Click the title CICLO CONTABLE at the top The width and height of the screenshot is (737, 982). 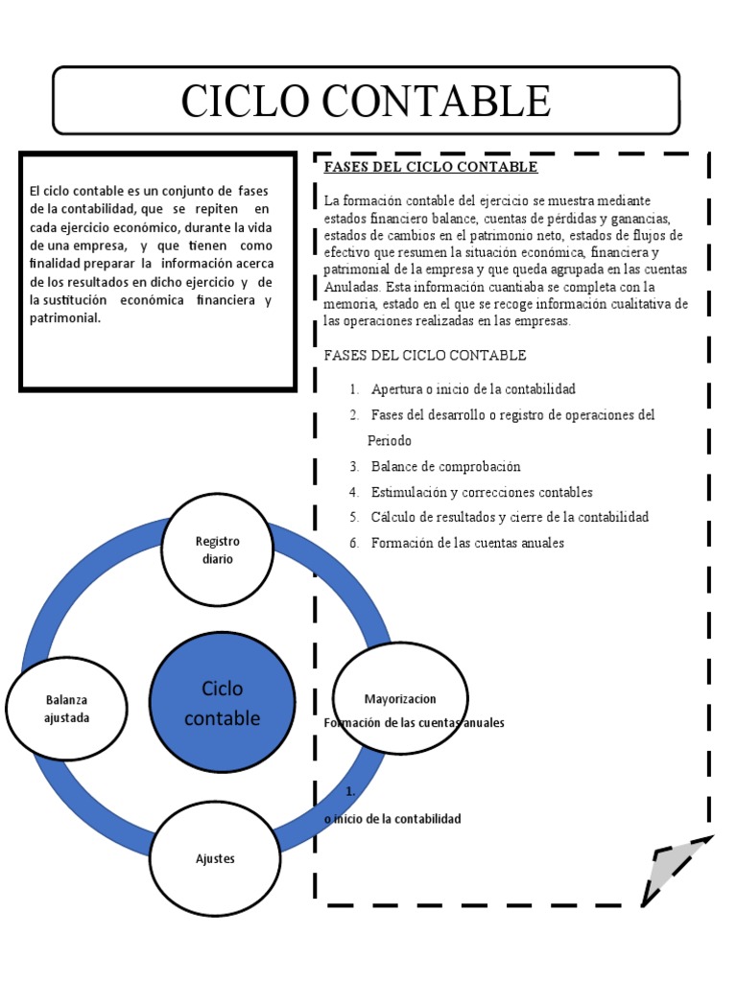(366, 101)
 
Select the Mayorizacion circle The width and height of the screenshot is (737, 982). (400, 698)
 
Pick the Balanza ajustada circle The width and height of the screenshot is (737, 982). (67, 709)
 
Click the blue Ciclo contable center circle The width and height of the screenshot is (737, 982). (222, 703)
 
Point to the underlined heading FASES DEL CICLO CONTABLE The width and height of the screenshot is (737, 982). (431, 168)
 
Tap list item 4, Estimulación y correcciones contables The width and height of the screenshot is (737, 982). (482, 492)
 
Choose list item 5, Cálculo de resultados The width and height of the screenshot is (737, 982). (510, 517)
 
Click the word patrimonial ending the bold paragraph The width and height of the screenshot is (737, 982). (65, 318)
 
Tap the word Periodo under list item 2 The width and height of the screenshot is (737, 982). (390, 441)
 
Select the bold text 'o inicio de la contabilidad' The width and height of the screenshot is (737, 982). (393, 819)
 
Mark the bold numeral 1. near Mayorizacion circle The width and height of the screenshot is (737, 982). (351, 791)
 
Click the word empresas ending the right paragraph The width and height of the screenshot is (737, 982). (543, 321)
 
